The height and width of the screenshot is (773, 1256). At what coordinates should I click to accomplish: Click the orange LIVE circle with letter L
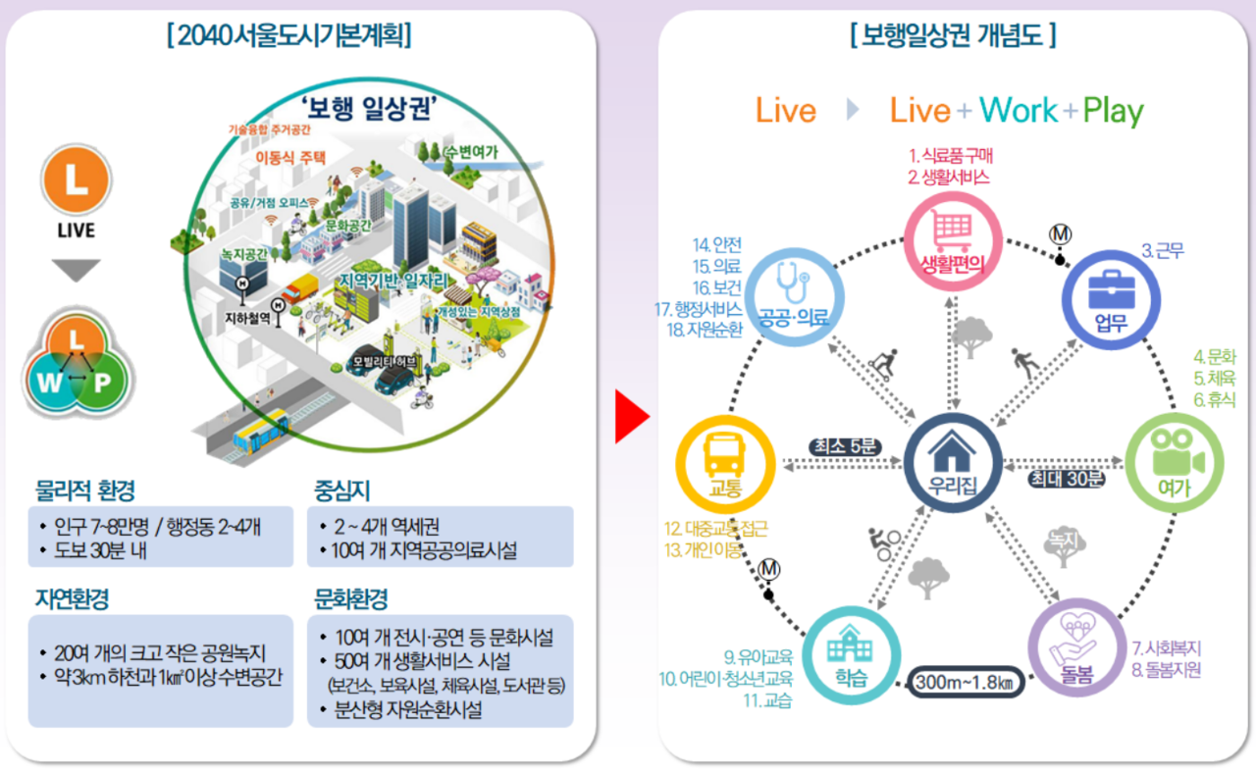[77, 180]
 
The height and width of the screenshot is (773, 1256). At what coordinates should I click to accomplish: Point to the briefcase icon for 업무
[1112, 287]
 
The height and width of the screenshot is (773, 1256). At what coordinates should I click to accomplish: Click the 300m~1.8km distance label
[966, 681]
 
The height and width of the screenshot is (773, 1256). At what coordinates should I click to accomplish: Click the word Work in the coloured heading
[1019, 111]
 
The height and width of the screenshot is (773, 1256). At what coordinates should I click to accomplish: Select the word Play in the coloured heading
[1113, 112]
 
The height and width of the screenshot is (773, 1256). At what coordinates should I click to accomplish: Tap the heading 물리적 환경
[85, 490]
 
